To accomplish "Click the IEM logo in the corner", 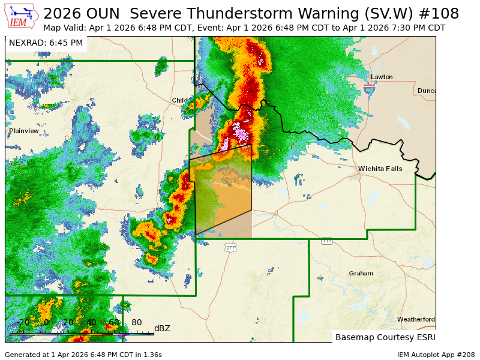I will point(22,16).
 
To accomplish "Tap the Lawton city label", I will point(382,77).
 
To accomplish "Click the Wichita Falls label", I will point(380,169).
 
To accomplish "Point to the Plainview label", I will point(24,131).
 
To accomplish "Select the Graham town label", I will point(361,273).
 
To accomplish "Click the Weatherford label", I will point(416,319).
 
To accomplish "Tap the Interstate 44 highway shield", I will point(369,89).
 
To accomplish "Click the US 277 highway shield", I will point(231,247).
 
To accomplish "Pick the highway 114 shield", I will point(326,241).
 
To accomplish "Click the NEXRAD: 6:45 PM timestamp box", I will point(46,43).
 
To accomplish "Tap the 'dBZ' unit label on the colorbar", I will point(162,328).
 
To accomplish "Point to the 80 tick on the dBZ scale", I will point(137,323).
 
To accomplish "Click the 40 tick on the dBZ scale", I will point(91,323).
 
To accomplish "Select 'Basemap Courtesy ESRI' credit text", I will point(384,337).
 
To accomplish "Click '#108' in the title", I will point(439,14).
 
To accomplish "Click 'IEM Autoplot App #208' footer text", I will point(436,355).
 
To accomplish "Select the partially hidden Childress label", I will point(180,100).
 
